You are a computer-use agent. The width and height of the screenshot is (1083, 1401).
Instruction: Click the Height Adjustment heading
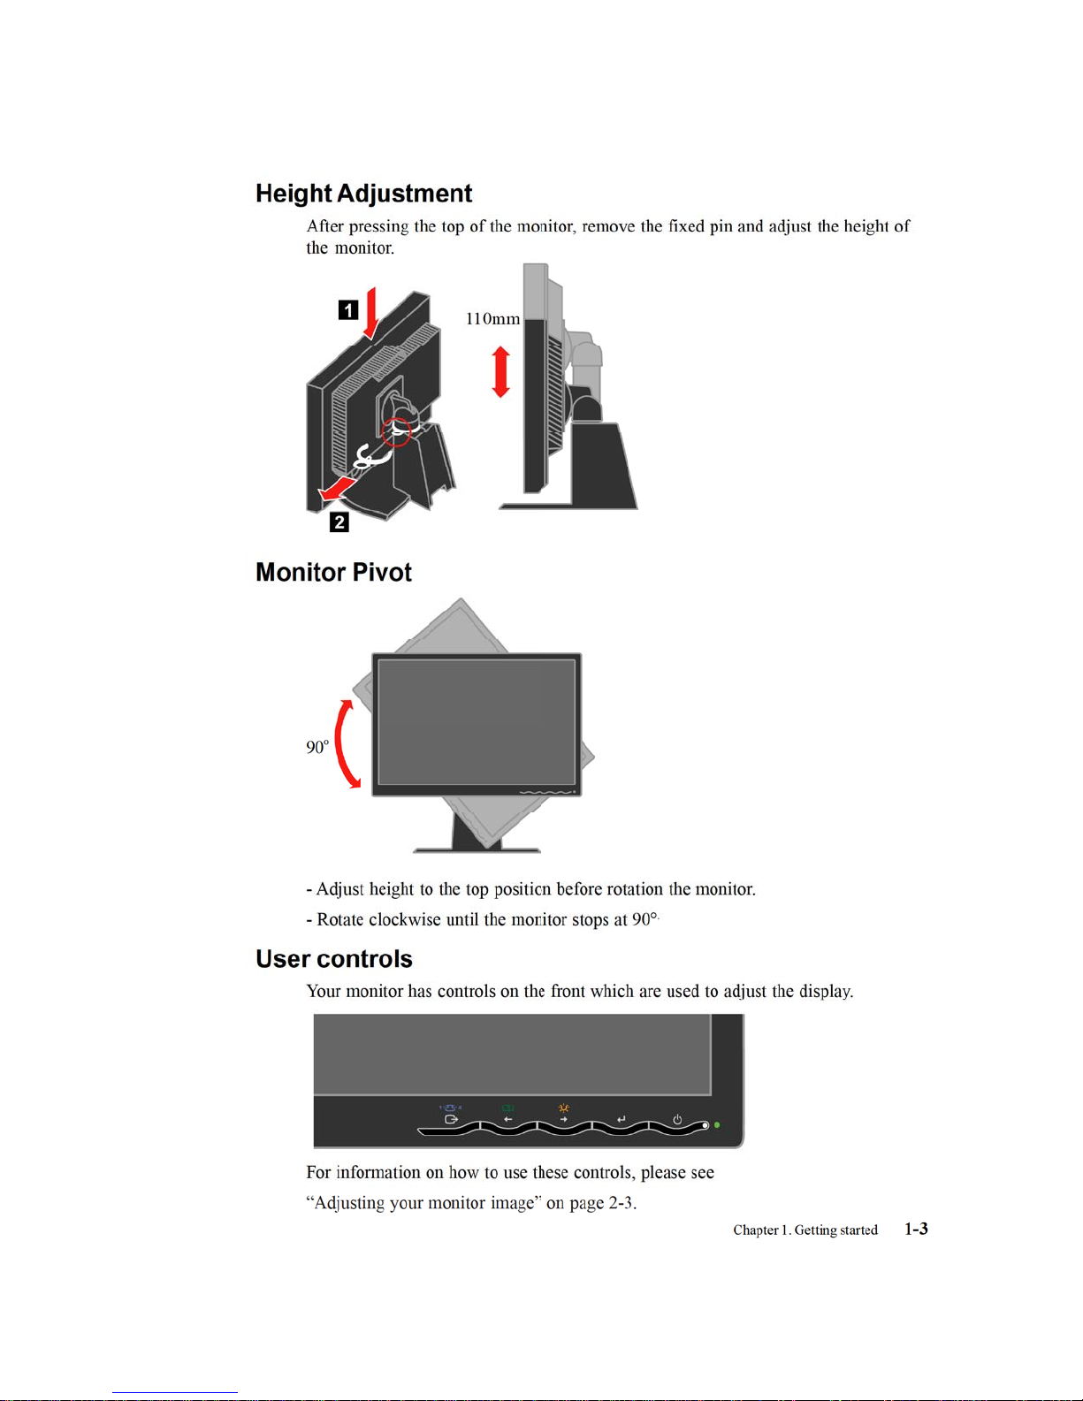tap(363, 194)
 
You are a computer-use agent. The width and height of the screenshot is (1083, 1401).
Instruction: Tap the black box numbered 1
tap(348, 309)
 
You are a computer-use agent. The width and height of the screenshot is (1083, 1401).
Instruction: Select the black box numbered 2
tap(339, 522)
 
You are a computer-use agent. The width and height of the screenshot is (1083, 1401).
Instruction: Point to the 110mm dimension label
tap(492, 319)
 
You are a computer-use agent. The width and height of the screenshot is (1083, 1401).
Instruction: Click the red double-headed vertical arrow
tap(501, 371)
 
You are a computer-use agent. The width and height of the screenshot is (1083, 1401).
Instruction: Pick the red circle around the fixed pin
tap(397, 430)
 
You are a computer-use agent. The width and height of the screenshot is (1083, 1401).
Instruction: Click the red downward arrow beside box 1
tap(371, 313)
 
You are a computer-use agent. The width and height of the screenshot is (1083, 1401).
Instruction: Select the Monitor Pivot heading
tap(333, 573)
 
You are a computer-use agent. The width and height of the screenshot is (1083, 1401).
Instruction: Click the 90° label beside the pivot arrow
tap(317, 748)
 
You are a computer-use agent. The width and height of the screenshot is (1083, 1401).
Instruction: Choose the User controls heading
tap(333, 959)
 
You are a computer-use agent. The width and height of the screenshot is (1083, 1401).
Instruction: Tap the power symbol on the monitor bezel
tap(677, 1119)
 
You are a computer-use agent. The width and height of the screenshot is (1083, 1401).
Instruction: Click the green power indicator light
tap(717, 1125)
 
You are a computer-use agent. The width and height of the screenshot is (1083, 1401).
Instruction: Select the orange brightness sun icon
tap(563, 1108)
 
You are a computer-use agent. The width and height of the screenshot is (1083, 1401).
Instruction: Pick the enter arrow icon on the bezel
tap(621, 1120)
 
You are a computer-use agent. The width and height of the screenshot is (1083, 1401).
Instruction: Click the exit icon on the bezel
tap(451, 1120)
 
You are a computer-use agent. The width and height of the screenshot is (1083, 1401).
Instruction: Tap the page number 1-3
tap(916, 1229)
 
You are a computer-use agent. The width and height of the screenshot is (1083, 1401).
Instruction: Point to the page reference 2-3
tap(621, 1203)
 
